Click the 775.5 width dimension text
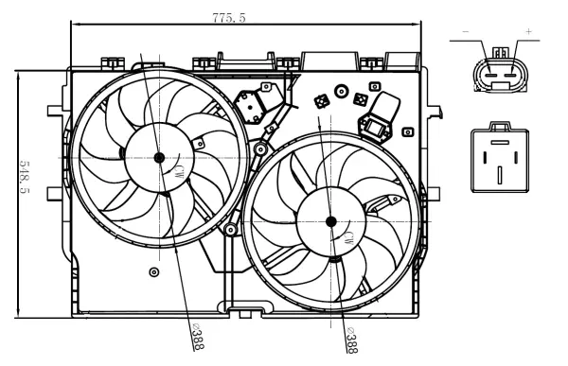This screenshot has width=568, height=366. pos(228,17)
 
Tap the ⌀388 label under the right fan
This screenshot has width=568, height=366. pos(349,340)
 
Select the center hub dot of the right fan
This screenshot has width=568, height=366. pos(330,221)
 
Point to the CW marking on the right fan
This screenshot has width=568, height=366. pos(350,235)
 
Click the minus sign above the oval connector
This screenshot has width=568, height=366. pos(465,32)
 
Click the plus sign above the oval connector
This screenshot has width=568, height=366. pos(527,32)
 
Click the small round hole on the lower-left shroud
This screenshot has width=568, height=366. pos(154,272)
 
